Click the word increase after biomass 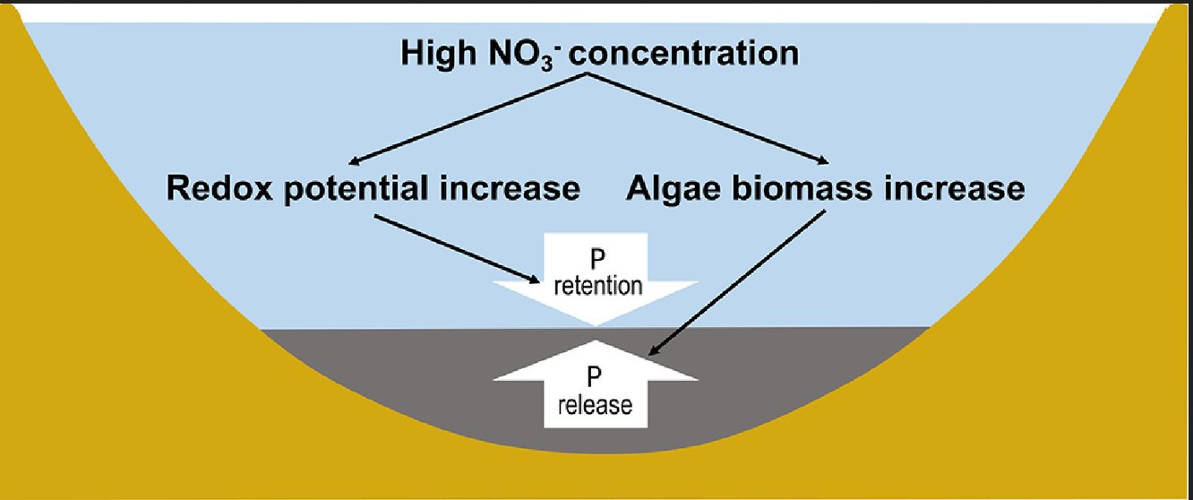(951, 189)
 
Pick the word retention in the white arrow (596, 287)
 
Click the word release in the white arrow (595, 406)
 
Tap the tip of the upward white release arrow (596, 342)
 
